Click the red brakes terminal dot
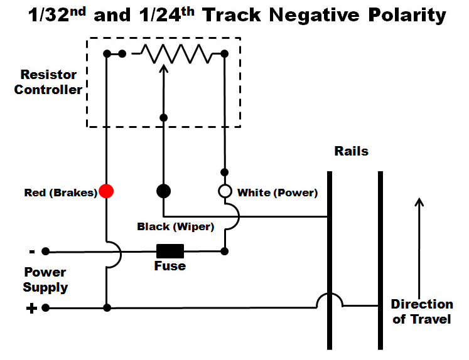click(x=107, y=191)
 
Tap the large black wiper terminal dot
click(x=163, y=191)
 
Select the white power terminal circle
click(x=225, y=191)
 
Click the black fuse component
click(x=170, y=251)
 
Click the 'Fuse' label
click(x=170, y=266)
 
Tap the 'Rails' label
click(x=351, y=151)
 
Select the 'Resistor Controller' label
click(x=48, y=82)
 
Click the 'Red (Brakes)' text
click(x=60, y=193)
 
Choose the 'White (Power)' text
click(x=277, y=193)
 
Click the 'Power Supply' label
click(x=45, y=280)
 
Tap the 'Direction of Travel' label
click(x=421, y=312)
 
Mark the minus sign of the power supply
click(x=31, y=251)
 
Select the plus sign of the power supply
click(x=31, y=308)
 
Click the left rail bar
click(x=329, y=260)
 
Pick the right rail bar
click(x=380, y=260)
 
